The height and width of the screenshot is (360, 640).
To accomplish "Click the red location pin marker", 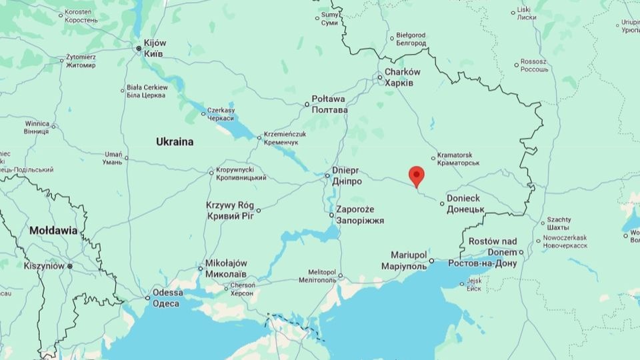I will [417, 176].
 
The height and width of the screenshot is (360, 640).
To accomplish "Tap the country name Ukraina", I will [175, 142].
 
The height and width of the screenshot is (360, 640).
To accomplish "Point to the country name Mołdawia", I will [53, 231].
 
